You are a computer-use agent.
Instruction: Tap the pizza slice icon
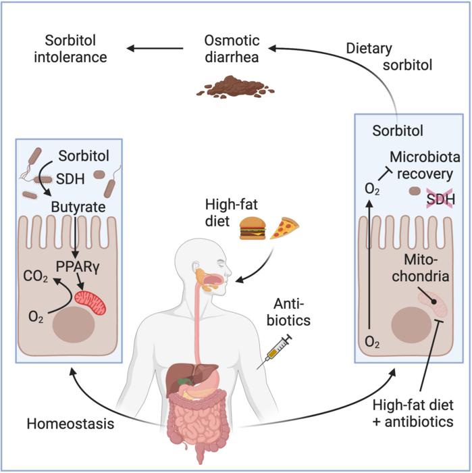(284, 228)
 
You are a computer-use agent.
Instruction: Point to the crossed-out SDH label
(438, 198)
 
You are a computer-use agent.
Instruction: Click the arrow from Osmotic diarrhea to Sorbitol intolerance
(155, 47)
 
